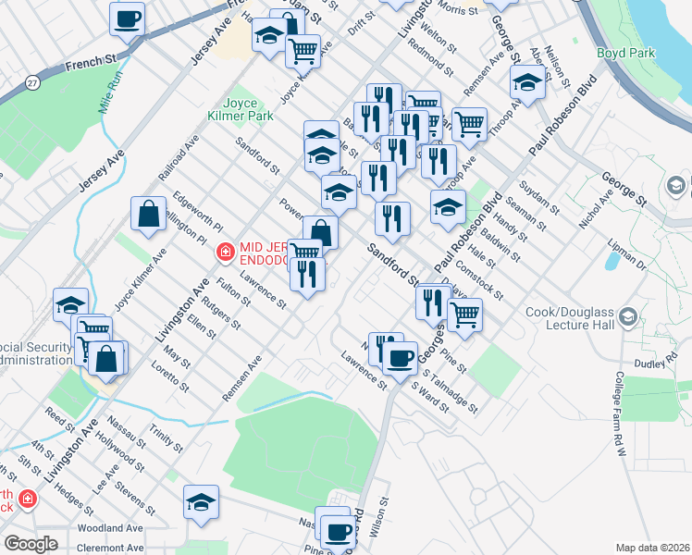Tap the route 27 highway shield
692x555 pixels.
pos(32,82)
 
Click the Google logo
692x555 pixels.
pos(31,544)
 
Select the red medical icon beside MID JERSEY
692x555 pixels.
pos(223,251)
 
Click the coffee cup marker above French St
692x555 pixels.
pos(128,18)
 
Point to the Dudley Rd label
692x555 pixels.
pos(673,364)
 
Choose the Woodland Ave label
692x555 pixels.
pos(110,528)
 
